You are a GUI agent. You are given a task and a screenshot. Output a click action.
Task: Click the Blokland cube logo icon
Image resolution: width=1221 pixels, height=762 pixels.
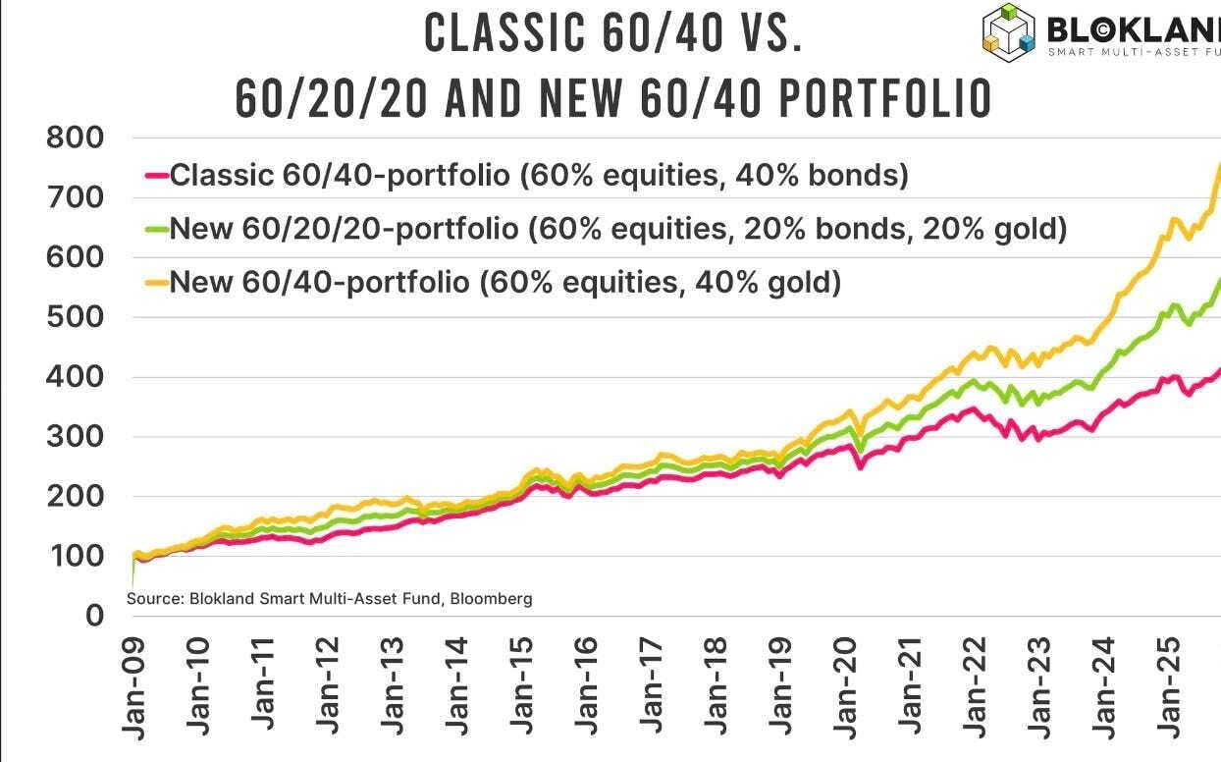click(1010, 28)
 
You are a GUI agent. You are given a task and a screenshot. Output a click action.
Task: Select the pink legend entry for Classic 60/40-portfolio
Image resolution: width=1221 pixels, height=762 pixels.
click(538, 176)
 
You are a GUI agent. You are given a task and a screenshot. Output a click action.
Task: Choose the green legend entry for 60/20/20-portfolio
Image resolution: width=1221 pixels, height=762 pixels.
click(617, 229)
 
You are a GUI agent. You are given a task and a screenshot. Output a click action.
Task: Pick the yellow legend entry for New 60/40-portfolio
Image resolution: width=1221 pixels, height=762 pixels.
click(504, 283)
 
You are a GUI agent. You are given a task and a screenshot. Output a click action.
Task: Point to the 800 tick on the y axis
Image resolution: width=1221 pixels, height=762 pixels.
click(75, 137)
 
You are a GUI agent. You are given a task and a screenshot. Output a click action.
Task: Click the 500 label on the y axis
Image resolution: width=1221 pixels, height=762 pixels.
click(75, 317)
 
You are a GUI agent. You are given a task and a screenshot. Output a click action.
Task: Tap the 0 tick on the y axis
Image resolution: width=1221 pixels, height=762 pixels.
click(94, 616)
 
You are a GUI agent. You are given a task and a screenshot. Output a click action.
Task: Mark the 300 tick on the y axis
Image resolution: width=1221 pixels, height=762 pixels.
click(75, 437)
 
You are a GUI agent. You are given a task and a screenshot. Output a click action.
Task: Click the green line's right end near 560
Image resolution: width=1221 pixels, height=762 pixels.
click(1218, 282)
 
